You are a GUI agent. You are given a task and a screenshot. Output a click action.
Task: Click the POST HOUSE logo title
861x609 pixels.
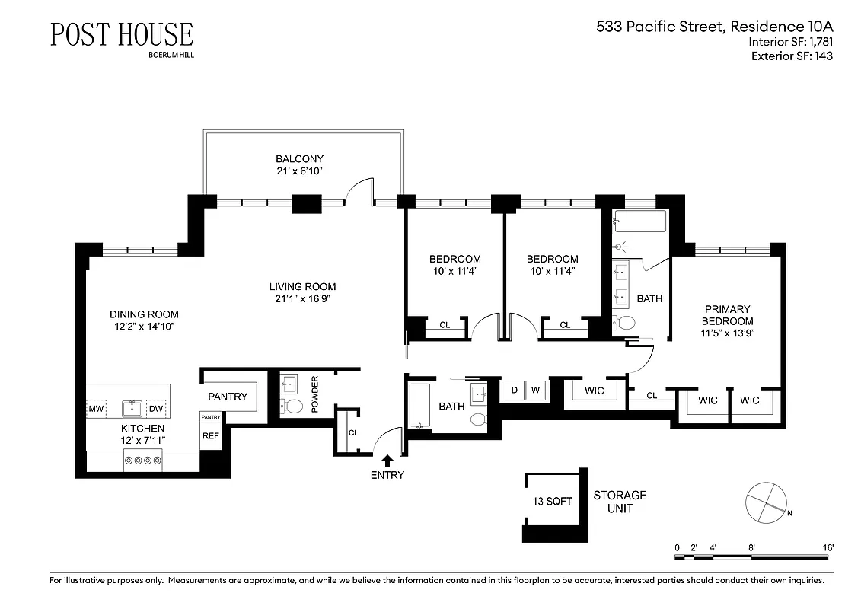coord(122,34)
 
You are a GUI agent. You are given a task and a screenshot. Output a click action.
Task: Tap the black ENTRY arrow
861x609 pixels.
coord(387,460)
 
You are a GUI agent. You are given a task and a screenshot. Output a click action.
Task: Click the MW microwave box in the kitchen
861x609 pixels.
coord(96,409)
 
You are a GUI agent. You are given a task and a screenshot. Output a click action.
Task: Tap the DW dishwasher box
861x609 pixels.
coord(156,409)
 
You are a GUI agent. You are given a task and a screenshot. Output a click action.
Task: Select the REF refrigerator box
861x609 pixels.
coord(210,436)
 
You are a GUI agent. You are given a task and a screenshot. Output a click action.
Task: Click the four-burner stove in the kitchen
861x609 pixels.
coord(142,461)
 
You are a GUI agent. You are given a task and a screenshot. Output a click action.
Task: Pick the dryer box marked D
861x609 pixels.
coord(514,391)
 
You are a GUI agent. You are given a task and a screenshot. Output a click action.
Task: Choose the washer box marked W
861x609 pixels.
coord(535,391)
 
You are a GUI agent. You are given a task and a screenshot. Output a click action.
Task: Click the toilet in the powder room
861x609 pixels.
coord(292,404)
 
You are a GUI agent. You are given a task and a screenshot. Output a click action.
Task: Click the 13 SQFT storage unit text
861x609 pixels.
coord(552,502)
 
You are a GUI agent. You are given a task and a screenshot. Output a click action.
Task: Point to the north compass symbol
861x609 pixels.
coord(764,502)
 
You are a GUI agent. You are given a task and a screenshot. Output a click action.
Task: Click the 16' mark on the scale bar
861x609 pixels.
coord(828,547)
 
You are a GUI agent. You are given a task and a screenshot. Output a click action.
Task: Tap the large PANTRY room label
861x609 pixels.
coord(227,397)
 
